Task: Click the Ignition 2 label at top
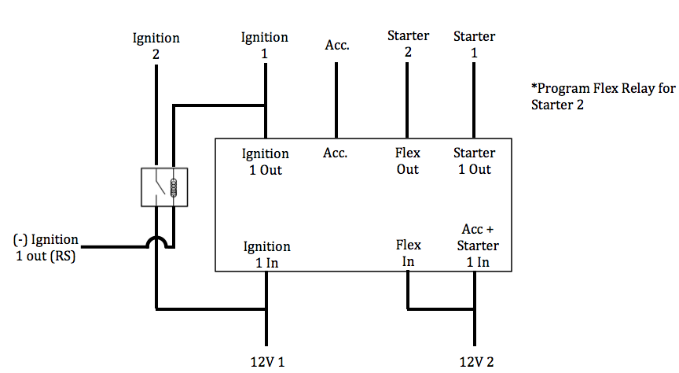click(156, 46)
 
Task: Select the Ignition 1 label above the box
click(265, 45)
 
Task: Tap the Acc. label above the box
click(337, 46)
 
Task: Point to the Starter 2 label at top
click(408, 44)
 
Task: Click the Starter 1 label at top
click(475, 44)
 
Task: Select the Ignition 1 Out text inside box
click(266, 161)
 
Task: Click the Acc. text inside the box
click(336, 153)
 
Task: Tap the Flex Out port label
click(408, 161)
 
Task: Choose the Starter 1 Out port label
click(474, 161)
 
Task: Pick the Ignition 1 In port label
click(266, 254)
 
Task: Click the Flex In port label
click(408, 253)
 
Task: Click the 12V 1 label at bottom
click(266, 362)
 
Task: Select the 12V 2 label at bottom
click(476, 362)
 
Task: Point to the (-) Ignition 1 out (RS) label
click(46, 248)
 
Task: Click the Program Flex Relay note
click(603, 97)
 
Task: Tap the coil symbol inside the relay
click(173, 188)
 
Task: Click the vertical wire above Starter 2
click(407, 99)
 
